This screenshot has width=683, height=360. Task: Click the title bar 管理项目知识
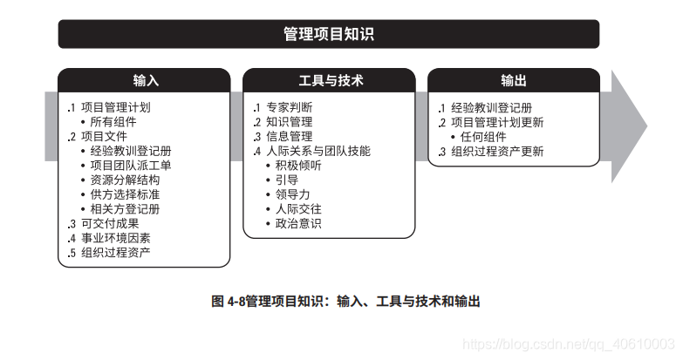[329, 34]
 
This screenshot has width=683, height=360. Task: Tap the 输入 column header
[145, 80]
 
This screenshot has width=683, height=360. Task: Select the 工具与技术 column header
[329, 80]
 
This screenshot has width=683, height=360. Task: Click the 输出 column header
[513, 80]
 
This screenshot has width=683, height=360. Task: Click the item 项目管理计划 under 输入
[115, 107]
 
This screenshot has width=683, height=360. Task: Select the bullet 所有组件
[113, 122]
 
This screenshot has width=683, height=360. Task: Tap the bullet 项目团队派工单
[131, 166]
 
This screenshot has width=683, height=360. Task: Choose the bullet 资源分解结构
[125, 180]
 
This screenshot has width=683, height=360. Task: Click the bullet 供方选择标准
[125, 194]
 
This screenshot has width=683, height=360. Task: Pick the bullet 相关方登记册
[125, 209]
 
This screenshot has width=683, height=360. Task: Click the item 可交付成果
[109, 223]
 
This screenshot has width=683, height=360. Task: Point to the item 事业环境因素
[115, 238]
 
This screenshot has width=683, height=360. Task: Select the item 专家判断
[289, 107]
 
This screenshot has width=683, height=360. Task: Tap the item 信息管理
[289, 137]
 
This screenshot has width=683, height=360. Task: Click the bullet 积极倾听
[297, 166]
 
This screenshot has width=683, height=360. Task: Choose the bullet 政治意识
[297, 224]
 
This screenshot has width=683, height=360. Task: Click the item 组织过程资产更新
[496, 151]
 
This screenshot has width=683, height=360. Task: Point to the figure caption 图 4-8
[345, 302]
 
